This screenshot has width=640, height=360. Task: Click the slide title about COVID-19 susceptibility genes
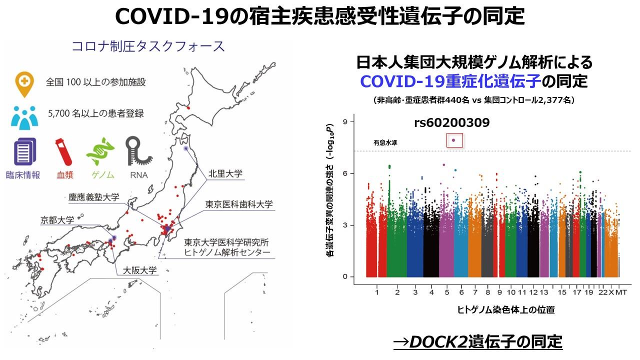point(320,16)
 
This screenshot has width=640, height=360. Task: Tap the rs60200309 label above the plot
point(451,123)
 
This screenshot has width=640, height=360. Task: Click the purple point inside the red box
point(453,140)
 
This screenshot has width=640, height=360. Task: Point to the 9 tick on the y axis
point(345,121)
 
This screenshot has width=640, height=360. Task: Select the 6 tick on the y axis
point(345,173)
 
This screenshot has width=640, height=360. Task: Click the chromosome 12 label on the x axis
point(533,292)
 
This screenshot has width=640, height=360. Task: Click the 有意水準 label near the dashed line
point(385,143)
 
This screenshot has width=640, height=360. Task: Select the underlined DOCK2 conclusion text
point(477,342)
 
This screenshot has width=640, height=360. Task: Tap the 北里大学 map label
point(225,174)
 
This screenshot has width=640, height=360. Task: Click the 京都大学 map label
point(57,220)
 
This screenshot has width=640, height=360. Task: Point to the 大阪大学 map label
point(136,270)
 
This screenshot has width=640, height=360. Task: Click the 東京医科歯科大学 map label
point(239,204)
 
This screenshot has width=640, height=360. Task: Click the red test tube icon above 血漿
point(63,150)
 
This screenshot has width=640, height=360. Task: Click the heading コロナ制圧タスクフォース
point(148,46)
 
